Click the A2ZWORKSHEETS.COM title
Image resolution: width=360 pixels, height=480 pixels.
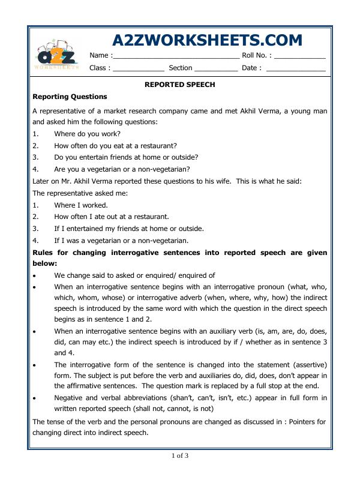point(207,40)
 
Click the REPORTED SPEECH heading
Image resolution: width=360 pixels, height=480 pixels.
point(180,85)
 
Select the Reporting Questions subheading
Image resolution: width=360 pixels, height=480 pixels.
point(70,97)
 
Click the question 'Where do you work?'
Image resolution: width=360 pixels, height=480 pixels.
point(87,133)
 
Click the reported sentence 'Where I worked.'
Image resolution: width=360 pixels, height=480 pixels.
point(81,205)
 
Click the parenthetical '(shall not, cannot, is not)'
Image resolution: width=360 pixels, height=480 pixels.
point(169,410)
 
